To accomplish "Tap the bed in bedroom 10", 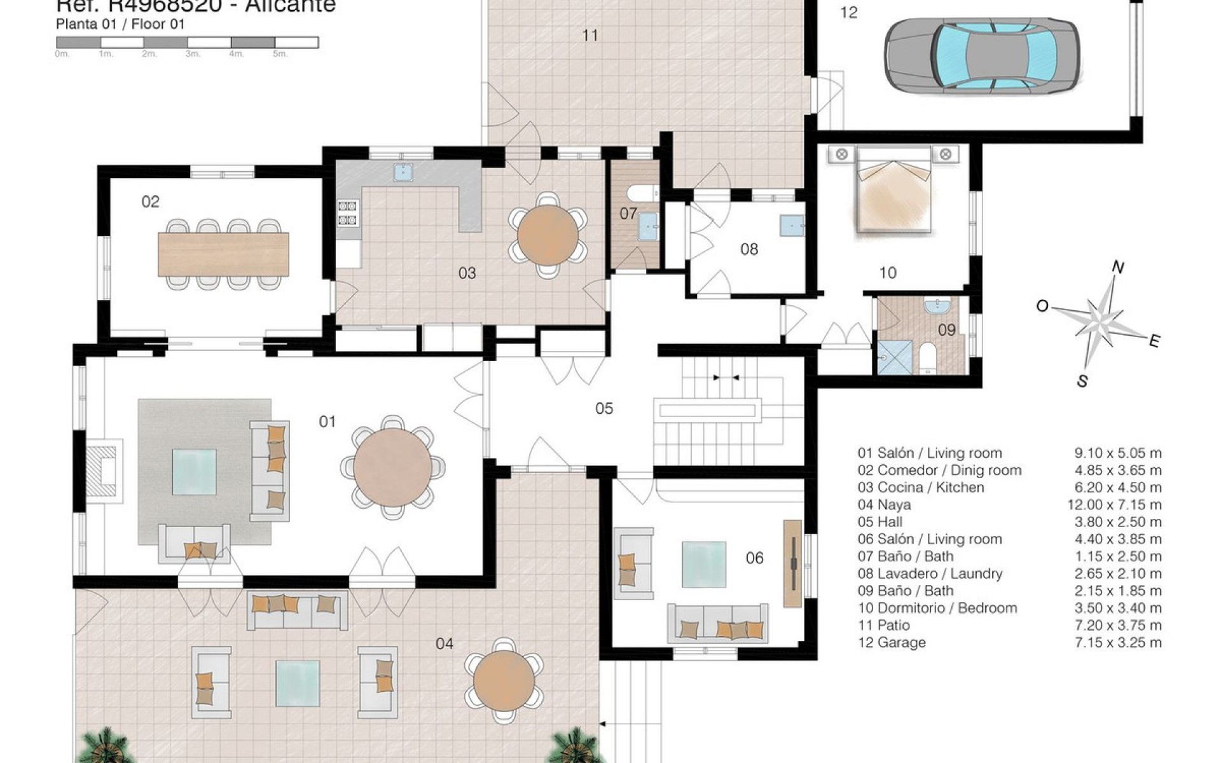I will (893, 194).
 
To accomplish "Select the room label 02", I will (150, 202).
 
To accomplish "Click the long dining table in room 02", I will (223, 254).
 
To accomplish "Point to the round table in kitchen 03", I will (548, 235).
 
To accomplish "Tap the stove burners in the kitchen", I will (348, 213).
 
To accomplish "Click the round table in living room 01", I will (393, 467).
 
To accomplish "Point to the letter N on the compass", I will (1117, 268).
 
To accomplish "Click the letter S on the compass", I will (1082, 381).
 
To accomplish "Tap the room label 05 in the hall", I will (604, 408).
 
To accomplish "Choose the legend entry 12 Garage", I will (892, 642).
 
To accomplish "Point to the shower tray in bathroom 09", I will (895, 359).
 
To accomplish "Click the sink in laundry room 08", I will (791, 224).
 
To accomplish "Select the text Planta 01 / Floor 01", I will (120, 25).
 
